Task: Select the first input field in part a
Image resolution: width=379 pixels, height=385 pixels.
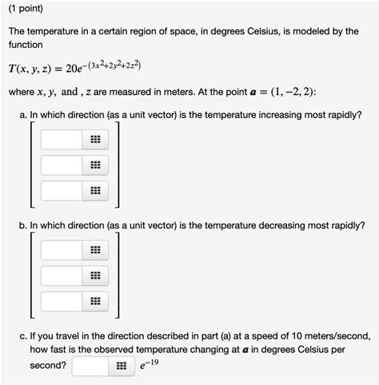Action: pos(61,141)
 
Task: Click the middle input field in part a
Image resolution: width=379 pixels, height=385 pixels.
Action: pos(61,166)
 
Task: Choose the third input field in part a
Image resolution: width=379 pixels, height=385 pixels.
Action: pos(61,192)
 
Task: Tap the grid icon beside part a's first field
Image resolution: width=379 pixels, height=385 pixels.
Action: pos(95,141)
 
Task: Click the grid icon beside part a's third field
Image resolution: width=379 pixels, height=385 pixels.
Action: pos(95,192)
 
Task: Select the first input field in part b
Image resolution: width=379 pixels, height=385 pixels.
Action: pos(61,250)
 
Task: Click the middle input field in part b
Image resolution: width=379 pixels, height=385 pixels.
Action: pos(61,276)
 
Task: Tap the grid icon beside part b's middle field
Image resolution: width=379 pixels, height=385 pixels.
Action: pos(95,276)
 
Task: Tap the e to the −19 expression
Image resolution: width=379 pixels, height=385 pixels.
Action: pos(150,365)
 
